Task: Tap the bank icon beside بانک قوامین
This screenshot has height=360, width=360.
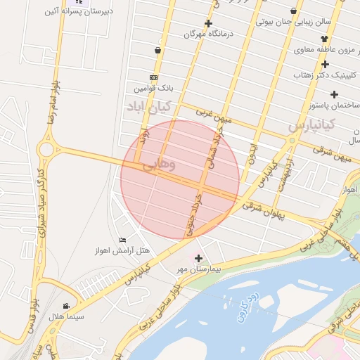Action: coord(153,77)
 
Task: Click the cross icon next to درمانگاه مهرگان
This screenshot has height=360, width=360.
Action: coord(208,23)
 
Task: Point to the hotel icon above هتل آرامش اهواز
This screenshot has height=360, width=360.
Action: coord(124,240)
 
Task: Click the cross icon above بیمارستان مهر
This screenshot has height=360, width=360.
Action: coord(198,258)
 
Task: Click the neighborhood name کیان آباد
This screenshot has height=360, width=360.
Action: coord(149,107)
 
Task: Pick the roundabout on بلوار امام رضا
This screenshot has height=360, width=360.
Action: coord(49,149)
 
